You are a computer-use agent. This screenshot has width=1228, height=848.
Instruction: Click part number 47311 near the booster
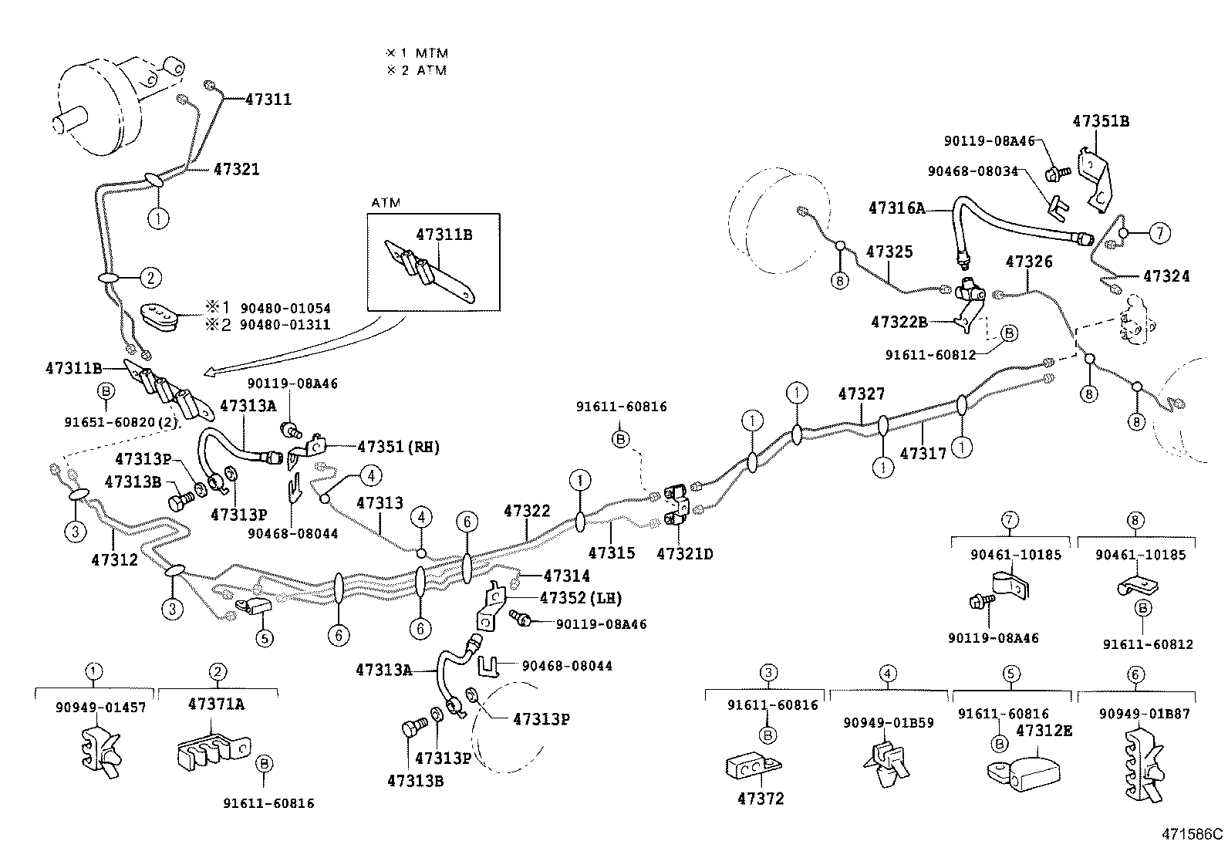(x=268, y=100)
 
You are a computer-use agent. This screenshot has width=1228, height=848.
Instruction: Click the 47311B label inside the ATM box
(x=444, y=235)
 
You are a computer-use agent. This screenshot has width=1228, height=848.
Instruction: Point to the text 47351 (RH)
(x=398, y=447)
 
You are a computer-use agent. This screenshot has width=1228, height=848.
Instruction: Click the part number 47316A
(x=896, y=208)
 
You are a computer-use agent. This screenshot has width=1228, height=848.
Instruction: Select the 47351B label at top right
(x=1101, y=121)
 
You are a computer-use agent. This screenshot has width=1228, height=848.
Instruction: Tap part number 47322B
(x=899, y=322)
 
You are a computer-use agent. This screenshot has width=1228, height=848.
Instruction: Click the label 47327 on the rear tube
(x=861, y=394)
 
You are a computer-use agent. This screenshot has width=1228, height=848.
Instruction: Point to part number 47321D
(x=685, y=553)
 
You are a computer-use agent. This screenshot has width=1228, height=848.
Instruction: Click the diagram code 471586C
(x=1193, y=833)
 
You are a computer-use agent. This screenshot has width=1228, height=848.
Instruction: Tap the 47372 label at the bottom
(x=760, y=799)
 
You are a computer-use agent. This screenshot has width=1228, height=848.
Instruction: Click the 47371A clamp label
(x=217, y=704)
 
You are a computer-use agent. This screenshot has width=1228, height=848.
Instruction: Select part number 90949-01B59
(x=888, y=723)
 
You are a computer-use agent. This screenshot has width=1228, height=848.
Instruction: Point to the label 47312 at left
(x=114, y=559)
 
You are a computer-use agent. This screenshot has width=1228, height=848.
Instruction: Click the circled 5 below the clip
(x=264, y=638)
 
